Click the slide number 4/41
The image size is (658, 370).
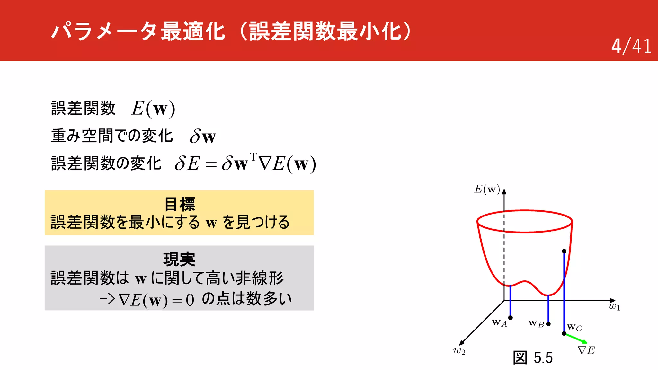pos(631,46)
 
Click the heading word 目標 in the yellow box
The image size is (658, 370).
pos(180,204)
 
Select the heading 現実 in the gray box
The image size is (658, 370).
pos(179,260)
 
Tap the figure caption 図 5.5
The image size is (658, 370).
pos(533,358)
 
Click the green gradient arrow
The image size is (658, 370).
pos(576,338)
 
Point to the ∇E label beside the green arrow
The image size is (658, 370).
pos(586,350)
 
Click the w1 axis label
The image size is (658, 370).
pos(614,306)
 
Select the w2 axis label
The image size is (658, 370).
pos(459,351)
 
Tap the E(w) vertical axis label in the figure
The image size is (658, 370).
pos(487,189)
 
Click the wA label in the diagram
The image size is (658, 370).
pos(499,322)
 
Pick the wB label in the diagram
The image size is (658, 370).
pos(536,323)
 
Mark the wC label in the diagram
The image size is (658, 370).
pos(574,327)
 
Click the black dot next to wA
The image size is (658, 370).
pos(511,318)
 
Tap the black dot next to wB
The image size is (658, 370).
pos(548,324)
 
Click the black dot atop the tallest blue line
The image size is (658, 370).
pos(564,251)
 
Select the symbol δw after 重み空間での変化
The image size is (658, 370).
pos(203,137)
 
